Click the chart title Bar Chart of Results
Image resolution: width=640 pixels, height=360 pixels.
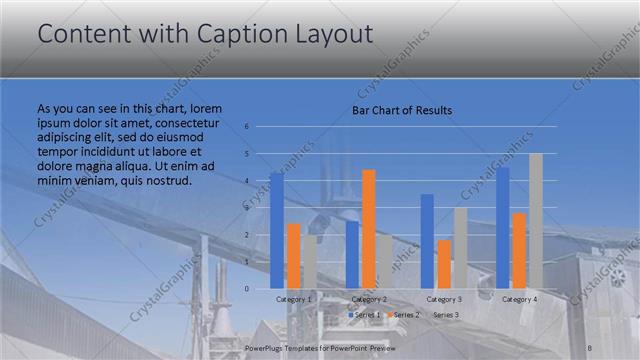(402, 110)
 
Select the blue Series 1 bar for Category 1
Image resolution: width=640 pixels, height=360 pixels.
(277, 230)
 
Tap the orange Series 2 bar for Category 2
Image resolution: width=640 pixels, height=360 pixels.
(368, 229)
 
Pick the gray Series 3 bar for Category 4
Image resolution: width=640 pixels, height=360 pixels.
(536, 221)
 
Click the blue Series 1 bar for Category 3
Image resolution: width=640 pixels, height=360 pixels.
(427, 241)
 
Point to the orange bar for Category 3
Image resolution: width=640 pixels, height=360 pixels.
(444, 264)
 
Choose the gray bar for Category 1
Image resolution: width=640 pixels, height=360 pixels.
(310, 261)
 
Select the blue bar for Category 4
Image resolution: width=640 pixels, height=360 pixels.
(503, 227)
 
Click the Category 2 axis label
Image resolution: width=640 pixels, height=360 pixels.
(368, 299)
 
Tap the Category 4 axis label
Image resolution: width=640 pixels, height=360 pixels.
(519, 299)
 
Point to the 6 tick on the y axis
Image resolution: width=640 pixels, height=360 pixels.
(246, 127)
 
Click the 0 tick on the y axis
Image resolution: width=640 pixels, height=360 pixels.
(246, 289)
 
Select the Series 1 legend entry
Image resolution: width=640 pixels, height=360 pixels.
(364, 315)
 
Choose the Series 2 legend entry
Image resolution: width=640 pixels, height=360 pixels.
(405, 315)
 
